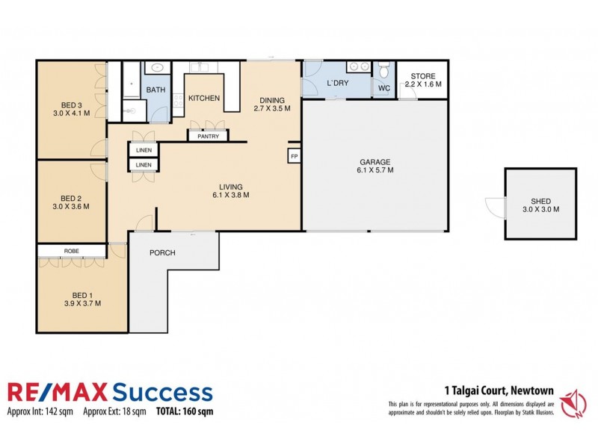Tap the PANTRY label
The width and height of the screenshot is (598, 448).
coord(208,137)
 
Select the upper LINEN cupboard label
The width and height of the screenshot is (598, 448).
coord(144,150)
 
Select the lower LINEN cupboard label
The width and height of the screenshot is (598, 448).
coord(144,165)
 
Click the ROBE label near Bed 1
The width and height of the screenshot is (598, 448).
coord(73,251)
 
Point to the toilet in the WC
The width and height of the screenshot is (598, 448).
coord(384,72)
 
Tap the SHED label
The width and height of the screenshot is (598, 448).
coord(540,199)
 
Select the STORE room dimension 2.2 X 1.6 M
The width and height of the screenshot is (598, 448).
coord(423,84)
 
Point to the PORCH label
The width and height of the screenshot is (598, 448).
coord(162,252)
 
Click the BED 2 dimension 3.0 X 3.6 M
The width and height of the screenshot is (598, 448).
coord(71,206)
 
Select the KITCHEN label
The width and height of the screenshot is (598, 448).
coord(203,99)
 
